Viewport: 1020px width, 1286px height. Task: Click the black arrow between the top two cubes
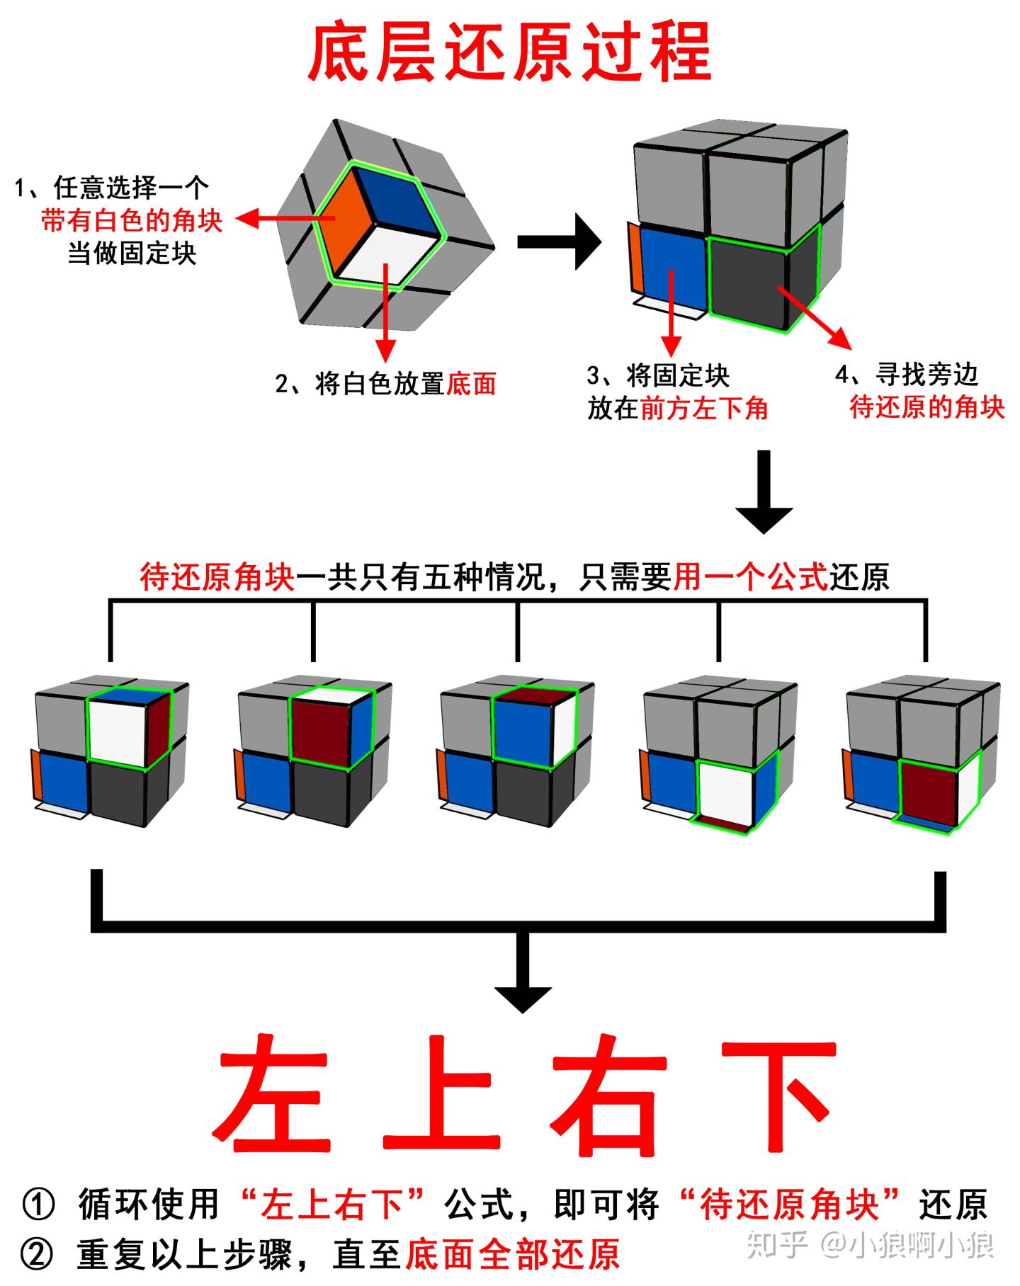(x=560, y=241)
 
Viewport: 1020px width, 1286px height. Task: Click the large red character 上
(x=441, y=1094)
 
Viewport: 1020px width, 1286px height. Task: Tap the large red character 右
(x=609, y=1094)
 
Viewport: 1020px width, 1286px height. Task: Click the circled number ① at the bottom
(x=38, y=1205)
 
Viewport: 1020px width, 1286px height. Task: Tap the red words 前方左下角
(x=704, y=409)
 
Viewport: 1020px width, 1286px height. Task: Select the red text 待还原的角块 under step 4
(x=926, y=407)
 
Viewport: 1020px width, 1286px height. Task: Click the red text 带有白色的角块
(x=132, y=221)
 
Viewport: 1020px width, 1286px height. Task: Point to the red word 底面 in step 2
(x=471, y=384)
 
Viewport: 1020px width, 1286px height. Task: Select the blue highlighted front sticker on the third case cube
(x=523, y=729)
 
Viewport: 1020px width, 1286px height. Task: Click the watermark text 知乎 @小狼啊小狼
(x=871, y=1245)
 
